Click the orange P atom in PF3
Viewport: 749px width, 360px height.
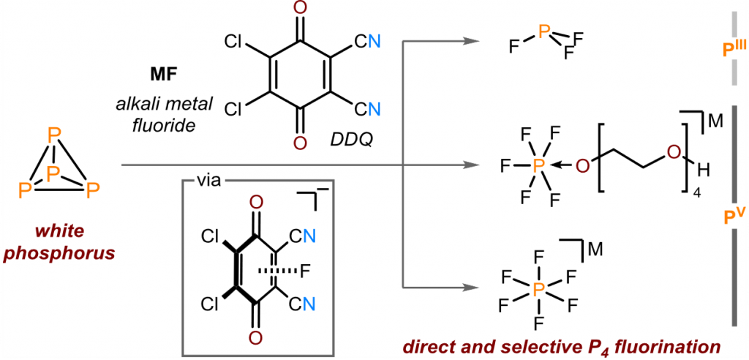click(x=543, y=32)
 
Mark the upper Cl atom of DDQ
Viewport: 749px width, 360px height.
click(x=233, y=42)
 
